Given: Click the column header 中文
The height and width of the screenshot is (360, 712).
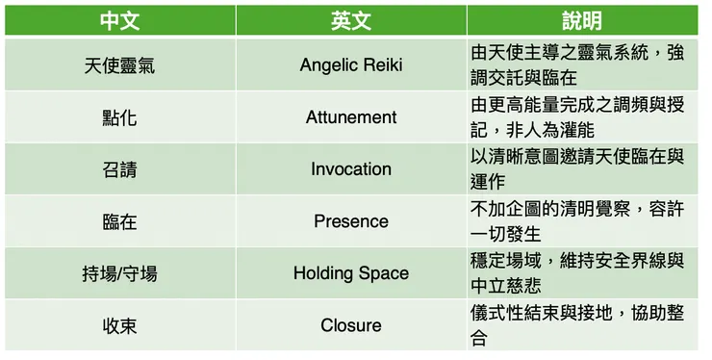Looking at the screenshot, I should (x=119, y=19).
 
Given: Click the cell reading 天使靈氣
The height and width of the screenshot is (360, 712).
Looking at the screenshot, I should (x=119, y=65).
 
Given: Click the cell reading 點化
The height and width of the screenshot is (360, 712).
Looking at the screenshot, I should (x=119, y=117).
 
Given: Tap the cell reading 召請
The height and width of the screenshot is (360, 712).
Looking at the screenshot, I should (x=119, y=169).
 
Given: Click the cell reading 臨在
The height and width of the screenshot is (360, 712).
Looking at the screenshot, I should (x=119, y=221).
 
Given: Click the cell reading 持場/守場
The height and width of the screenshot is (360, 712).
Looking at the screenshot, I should (x=119, y=273).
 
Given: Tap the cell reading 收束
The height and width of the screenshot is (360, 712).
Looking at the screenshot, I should (x=119, y=325).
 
